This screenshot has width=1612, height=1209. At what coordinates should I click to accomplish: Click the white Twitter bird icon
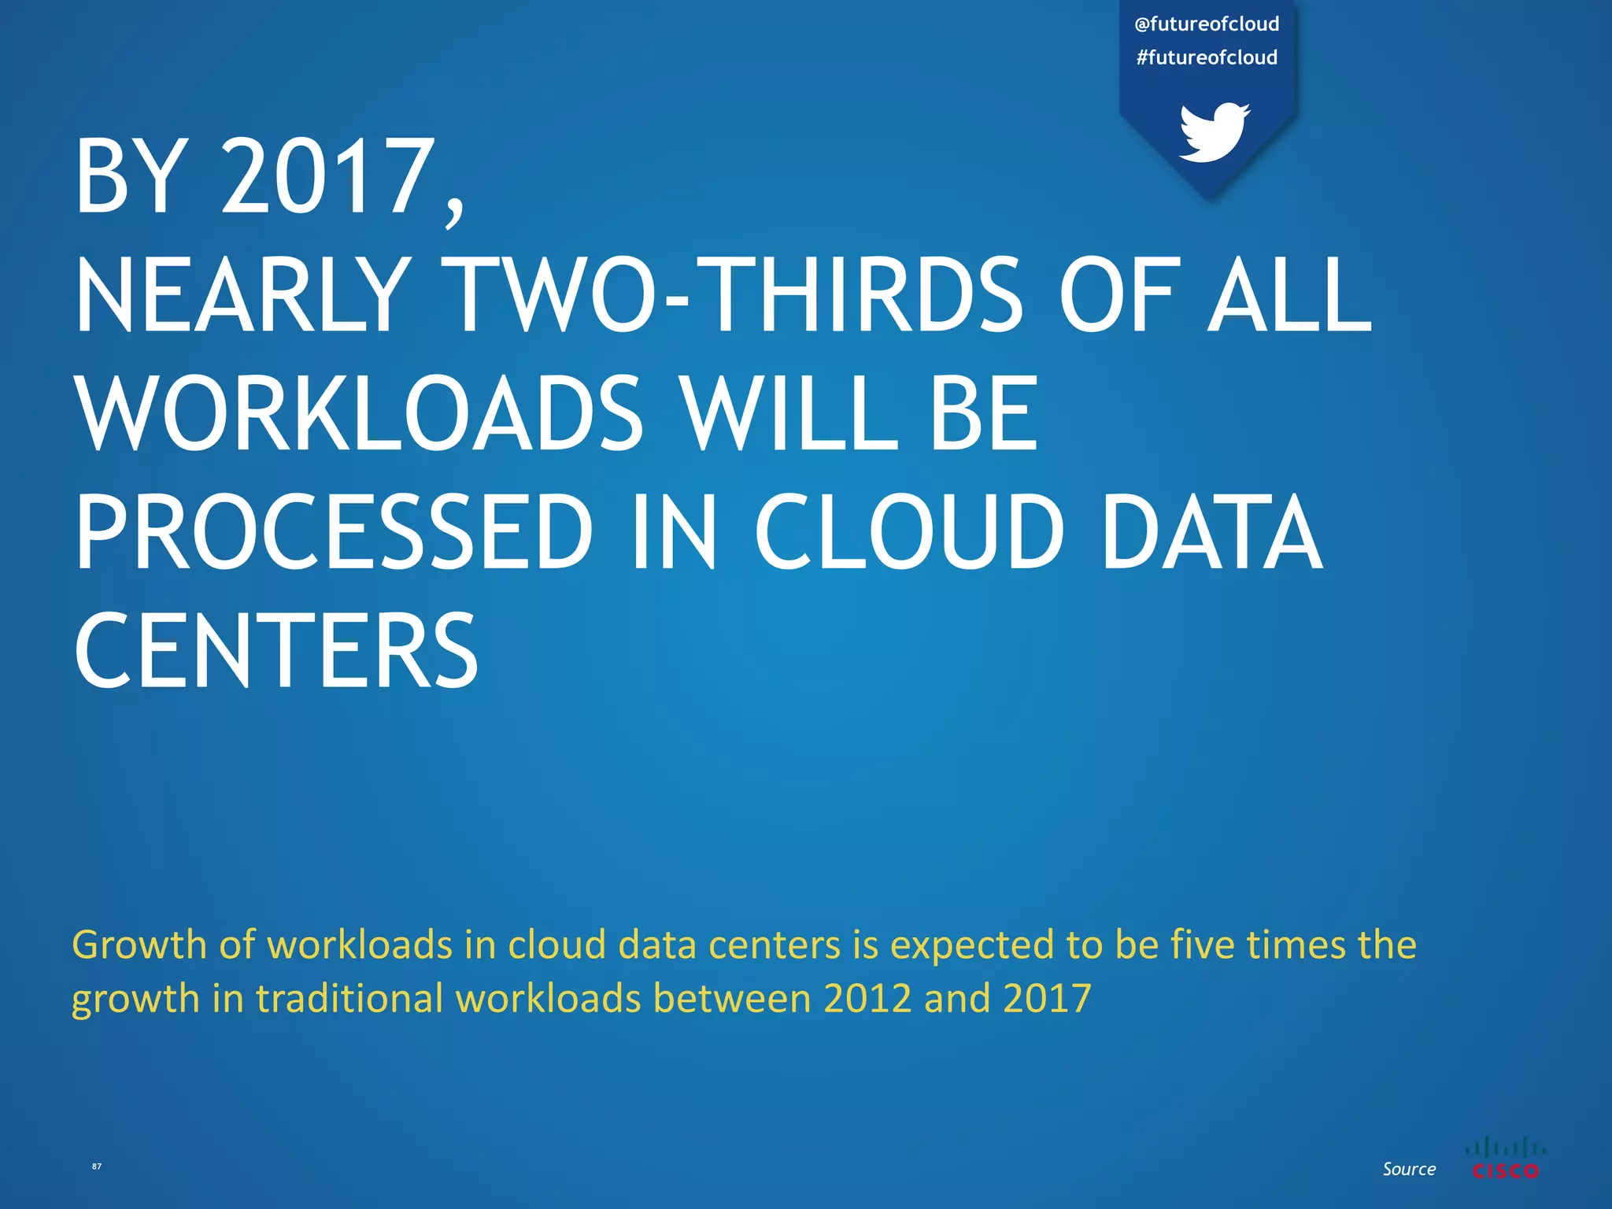pyautogui.click(x=1214, y=131)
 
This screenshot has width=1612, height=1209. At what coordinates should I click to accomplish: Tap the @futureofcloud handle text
pyautogui.click(x=1207, y=24)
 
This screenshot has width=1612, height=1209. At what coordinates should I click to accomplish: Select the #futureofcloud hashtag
pyautogui.click(x=1207, y=57)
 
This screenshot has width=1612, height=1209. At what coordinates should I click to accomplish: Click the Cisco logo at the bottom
pyautogui.click(x=1505, y=1158)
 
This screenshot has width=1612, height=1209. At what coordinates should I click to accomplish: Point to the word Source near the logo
pyautogui.click(x=1409, y=1169)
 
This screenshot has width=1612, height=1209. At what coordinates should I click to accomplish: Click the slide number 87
pyautogui.click(x=97, y=1166)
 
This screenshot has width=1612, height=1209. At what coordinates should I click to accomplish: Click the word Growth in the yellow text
pyautogui.click(x=139, y=945)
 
